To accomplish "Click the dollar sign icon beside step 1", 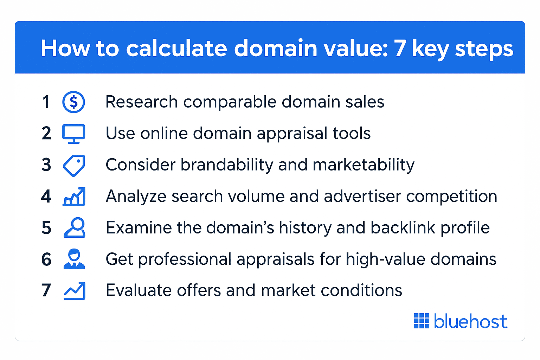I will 73,102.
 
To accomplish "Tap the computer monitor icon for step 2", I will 73,134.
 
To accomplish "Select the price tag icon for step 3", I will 74,165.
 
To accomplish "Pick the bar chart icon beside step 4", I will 74,197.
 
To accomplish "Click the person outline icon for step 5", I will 75,228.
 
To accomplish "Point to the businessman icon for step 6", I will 74,259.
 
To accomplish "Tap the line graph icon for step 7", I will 75,291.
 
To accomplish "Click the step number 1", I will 46,102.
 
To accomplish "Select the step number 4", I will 46,197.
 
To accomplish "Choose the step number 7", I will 46,291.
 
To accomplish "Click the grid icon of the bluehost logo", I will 422,321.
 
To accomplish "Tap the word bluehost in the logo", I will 470,321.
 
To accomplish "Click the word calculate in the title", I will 176,48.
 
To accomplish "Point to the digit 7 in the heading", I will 400,48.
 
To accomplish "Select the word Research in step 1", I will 141,102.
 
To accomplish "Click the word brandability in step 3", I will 227,165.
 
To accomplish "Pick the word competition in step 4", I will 451,196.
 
